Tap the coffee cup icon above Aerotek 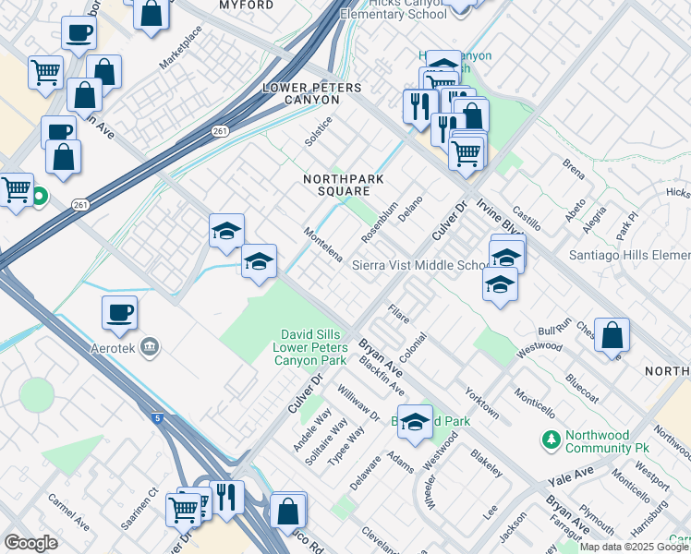point(119,313)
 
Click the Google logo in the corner point(30,543)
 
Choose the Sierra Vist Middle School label point(421,266)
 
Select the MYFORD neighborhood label point(246,6)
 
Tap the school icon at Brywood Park point(415,420)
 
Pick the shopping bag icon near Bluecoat point(612,335)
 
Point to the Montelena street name point(324,244)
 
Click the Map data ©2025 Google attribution point(635,547)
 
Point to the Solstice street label point(319,131)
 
